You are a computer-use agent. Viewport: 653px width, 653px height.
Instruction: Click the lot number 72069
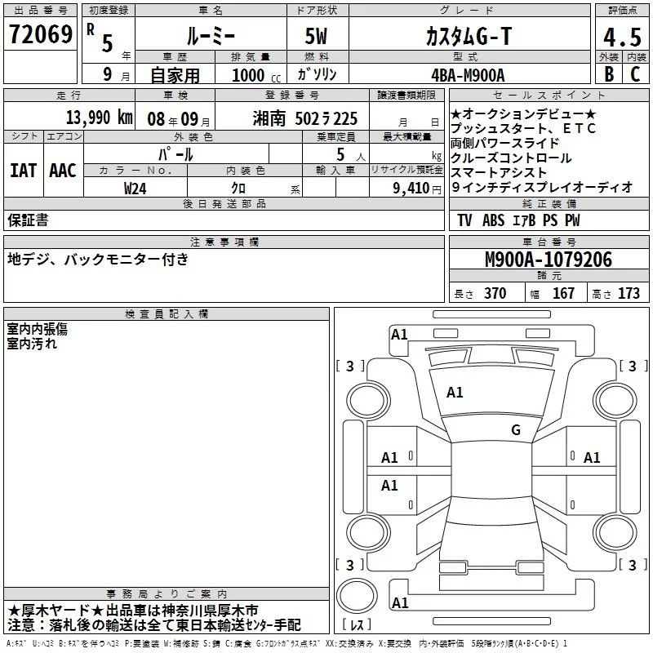(x=41, y=34)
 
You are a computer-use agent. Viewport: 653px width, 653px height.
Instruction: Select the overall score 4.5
(x=622, y=37)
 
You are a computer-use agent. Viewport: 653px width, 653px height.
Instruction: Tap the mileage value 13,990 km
(x=100, y=118)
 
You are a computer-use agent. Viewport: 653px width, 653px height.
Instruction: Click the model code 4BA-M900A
(x=468, y=75)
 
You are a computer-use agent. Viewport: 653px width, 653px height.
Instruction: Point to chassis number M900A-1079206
(x=549, y=260)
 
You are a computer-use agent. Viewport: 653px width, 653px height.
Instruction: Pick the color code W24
(x=135, y=189)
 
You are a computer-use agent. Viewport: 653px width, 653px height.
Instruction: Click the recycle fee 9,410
(x=411, y=189)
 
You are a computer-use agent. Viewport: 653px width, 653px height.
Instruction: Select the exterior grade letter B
(x=609, y=74)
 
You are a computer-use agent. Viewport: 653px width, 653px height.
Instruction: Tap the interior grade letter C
(x=635, y=74)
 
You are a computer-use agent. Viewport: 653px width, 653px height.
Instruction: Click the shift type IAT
(x=24, y=171)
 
